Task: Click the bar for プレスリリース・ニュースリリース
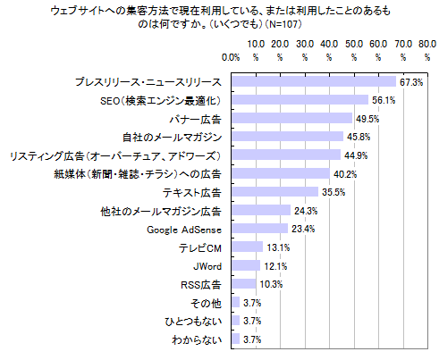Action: click(314, 82)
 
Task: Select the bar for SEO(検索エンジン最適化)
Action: click(300, 100)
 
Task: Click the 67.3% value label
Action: click(411, 82)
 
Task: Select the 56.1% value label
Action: click(384, 100)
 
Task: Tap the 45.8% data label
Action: click(359, 137)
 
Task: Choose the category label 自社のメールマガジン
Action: click(172, 137)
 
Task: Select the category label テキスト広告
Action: click(192, 192)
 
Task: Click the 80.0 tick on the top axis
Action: click(426, 42)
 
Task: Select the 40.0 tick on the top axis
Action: click(328, 42)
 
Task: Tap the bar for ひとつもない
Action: click(235, 321)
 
